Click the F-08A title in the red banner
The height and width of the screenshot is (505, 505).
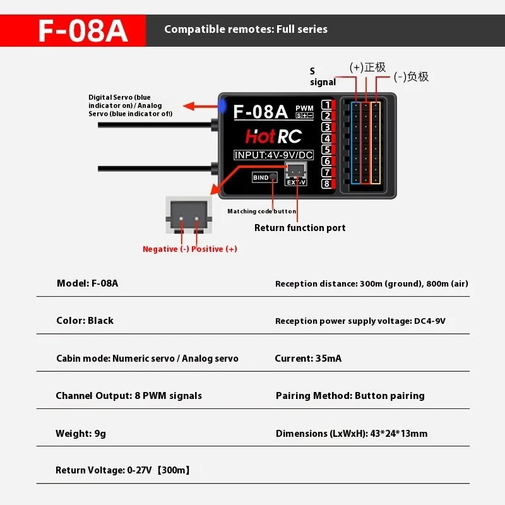pos(83,31)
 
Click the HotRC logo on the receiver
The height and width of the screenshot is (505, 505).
pos(273,136)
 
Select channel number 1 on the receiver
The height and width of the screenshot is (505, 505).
pos(326,105)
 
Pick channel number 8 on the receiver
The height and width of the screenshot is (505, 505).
pos(326,184)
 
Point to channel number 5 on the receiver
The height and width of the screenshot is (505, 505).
pos(326,150)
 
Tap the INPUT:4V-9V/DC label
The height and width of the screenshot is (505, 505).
pos(273,155)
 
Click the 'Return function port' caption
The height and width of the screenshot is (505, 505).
pos(300,228)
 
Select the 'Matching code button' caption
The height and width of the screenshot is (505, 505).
pos(261,211)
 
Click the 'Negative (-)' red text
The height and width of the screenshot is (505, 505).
pos(165,249)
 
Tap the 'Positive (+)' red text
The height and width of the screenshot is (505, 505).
pos(215,249)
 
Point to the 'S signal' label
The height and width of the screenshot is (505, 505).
pos(322,77)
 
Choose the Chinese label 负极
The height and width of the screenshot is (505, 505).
pos(418,77)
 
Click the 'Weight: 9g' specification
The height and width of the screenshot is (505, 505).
pos(81,434)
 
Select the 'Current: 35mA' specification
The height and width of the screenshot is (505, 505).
pos(308,359)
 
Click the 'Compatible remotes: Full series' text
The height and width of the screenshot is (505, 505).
pos(246,29)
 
